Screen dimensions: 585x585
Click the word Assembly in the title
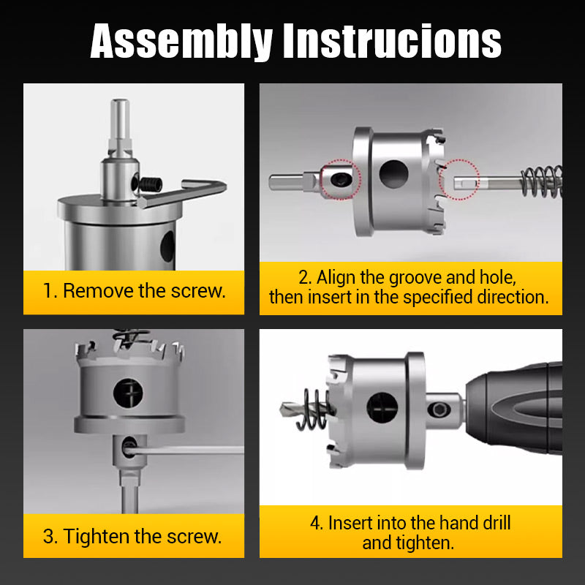(x=183, y=42)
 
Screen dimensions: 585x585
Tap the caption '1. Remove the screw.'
(x=133, y=290)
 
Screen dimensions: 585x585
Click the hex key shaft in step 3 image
(x=190, y=450)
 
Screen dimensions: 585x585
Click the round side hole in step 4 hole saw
(x=382, y=407)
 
